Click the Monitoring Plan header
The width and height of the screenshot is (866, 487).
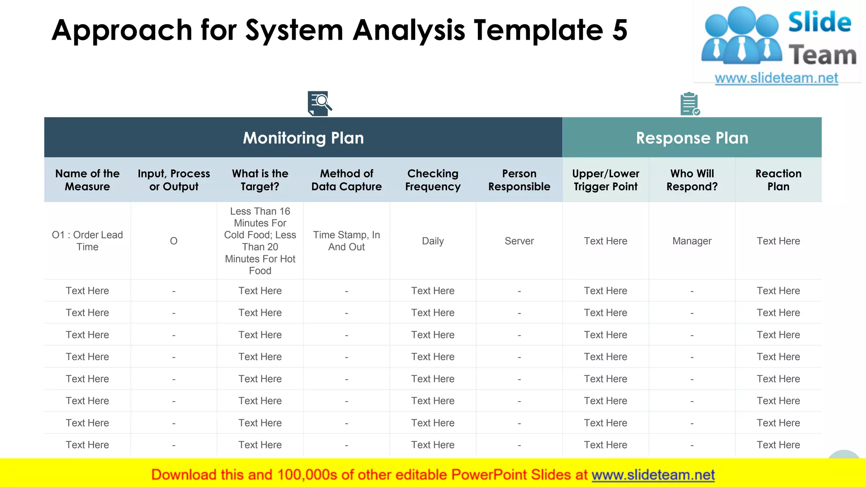coord(303,138)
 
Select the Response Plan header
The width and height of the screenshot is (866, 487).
coord(692,138)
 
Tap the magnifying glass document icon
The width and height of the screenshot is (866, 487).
coord(319,103)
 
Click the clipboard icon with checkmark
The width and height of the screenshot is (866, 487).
coord(690,104)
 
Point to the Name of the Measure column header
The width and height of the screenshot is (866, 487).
coord(87,180)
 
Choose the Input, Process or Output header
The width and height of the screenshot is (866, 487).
coord(174,180)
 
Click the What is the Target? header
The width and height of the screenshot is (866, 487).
coord(260,180)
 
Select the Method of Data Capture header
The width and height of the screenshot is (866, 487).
coord(346,180)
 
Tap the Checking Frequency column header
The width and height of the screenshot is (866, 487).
coord(433,180)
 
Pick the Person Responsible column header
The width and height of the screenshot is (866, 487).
coord(519,180)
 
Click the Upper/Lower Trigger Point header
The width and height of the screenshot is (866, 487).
coord(606,180)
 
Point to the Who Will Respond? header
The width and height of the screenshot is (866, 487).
coord(692,180)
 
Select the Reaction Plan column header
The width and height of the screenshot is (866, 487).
coord(778,180)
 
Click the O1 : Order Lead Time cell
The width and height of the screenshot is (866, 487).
coord(87,241)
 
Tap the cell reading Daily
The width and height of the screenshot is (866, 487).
coord(433,241)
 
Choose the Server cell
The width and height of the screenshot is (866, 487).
coord(519,241)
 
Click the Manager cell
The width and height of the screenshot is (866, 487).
coord(692,241)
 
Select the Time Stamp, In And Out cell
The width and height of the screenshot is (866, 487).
coord(346,241)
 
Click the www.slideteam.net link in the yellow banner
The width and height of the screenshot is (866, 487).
coord(653,475)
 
